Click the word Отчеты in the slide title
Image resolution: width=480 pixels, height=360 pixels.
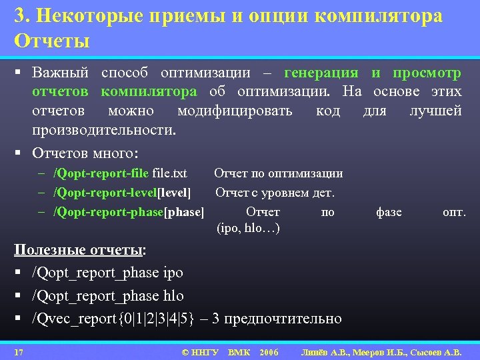click(x=52, y=41)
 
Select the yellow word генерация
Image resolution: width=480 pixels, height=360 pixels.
click(x=321, y=73)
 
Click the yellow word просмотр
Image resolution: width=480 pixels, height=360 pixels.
click(x=427, y=73)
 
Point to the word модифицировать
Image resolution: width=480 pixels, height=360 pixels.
click(x=234, y=110)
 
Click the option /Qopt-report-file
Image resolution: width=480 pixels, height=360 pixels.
click(x=101, y=173)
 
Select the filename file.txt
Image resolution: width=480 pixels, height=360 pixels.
click(x=170, y=173)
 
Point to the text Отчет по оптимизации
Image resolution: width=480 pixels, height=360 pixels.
click(x=278, y=173)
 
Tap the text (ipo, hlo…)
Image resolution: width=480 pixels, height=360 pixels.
click(x=248, y=228)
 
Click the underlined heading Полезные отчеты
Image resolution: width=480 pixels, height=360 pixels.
click(x=79, y=250)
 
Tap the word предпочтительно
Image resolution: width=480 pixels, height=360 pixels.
click(x=283, y=319)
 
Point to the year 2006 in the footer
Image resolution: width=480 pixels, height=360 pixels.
click(x=269, y=351)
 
